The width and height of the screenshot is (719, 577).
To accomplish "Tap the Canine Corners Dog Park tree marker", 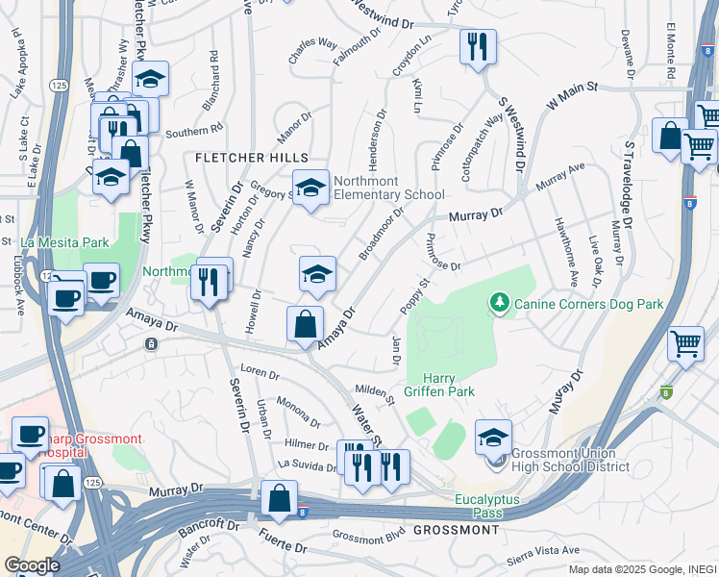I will coord(499,305).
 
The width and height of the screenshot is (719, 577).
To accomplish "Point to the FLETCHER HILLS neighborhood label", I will coord(251,157).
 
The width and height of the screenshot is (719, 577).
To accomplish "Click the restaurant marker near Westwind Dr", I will coord(478,45).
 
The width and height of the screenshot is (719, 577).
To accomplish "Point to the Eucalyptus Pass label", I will coord(492,507).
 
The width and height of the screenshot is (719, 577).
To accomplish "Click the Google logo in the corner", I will coord(31,565).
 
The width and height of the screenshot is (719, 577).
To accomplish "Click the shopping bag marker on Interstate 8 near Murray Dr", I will coord(279,498).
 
